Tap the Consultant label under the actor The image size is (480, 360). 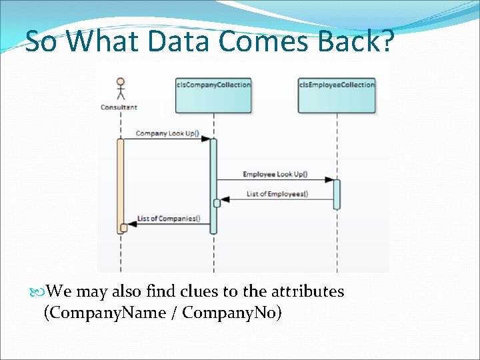(x=119, y=107)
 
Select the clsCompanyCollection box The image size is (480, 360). (x=213, y=95)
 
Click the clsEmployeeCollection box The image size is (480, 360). (x=337, y=95)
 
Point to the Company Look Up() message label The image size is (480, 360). (x=167, y=133)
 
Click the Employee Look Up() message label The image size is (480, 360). (x=275, y=175)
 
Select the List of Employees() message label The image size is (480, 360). (x=277, y=194)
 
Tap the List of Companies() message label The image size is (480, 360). (x=169, y=219)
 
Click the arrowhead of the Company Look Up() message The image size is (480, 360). (x=206, y=139)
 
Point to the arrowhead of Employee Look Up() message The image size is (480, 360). (x=329, y=180)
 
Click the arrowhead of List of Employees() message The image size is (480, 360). (x=225, y=199)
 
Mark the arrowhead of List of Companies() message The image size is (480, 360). (x=131, y=224)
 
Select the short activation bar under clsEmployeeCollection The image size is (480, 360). (x=337, y=194)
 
